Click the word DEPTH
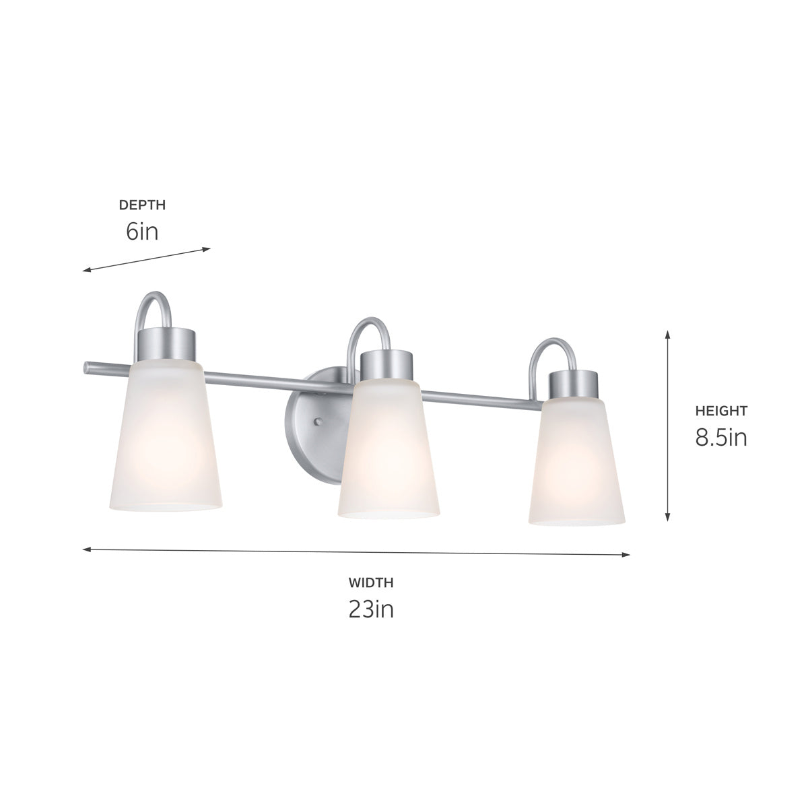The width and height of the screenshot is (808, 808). coord(142,205)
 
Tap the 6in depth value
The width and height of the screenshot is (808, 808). coord(141,232)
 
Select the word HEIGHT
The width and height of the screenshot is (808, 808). coord(721,411)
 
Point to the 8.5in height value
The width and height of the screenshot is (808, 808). coord(721,438)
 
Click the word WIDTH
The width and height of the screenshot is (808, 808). coord(370,582)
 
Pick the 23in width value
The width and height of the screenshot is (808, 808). coord(370,609)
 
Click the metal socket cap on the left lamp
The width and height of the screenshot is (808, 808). coord(167,345)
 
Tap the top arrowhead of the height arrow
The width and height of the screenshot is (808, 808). coord(667,334)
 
